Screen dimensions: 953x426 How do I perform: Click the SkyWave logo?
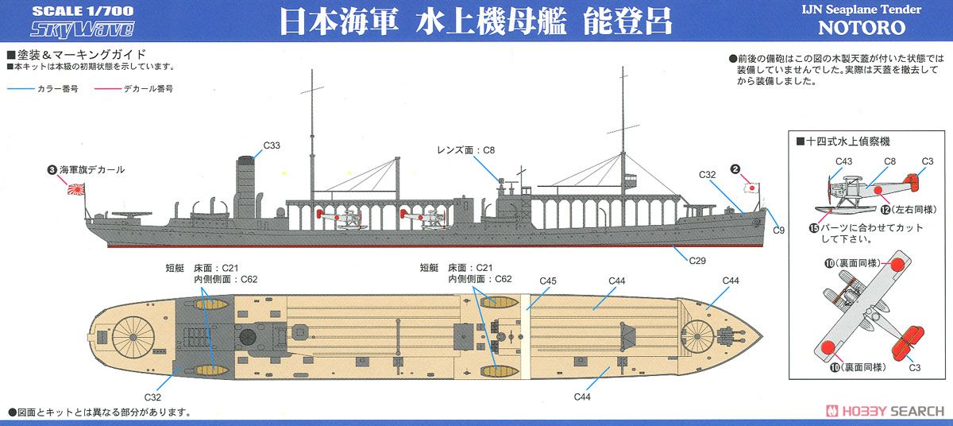tap(82, 29)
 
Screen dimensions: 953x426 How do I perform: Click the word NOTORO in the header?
tap(862, 28)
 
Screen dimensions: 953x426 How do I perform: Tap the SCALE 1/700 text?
tap(83, 10)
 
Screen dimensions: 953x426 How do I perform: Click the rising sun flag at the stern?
tap(76, 188)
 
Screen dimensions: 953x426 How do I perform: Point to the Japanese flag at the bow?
tap(752, 188)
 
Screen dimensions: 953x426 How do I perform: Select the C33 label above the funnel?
tap(272, 145)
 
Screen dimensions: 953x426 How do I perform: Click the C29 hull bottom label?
tap(697, 261)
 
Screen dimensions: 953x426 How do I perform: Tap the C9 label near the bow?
tap(778, 230)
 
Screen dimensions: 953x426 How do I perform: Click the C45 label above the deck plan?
tap(548, 281)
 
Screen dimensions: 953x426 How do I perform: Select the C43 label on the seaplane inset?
tap(843, 161)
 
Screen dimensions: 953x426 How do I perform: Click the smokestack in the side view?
tap(245, 188)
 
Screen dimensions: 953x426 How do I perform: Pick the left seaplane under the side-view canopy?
tap(341, 219)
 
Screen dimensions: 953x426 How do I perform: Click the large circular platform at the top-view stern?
tap(133, 337)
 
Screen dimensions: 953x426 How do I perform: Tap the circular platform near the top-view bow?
tap(697, 337)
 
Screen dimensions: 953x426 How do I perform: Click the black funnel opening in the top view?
tap(248, 337)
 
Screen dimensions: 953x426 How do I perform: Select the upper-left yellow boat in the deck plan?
tap(211, 304)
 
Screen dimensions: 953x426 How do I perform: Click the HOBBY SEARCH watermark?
tap(885, 411)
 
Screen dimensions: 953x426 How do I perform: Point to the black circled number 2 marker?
tap(735, 169)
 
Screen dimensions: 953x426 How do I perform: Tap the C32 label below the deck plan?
tap(152, 397)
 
